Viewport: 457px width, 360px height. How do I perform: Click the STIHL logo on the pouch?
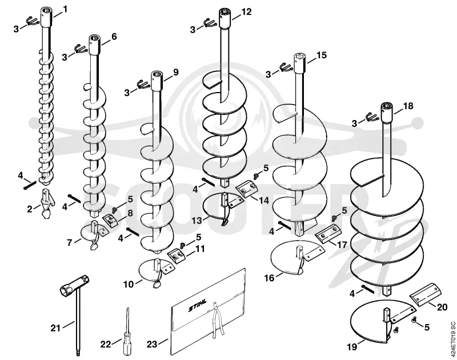tap(198, 305)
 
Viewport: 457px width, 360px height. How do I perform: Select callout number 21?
tap(55, 328)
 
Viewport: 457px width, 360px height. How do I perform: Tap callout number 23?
tap(152, 344)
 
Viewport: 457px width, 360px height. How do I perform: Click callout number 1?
tap(65, 9)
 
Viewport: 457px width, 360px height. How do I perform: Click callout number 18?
tap(408, 106)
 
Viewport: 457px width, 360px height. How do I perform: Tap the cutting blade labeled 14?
tap(247, 189)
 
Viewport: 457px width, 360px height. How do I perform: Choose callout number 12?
tap(246, 11)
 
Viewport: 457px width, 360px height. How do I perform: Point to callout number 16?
tap(269, 278)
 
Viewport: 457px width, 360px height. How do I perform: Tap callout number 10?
tap(129, 284)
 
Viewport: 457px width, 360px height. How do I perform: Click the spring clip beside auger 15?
tap(286, 68)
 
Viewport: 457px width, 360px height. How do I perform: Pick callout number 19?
tap(352, 347)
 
